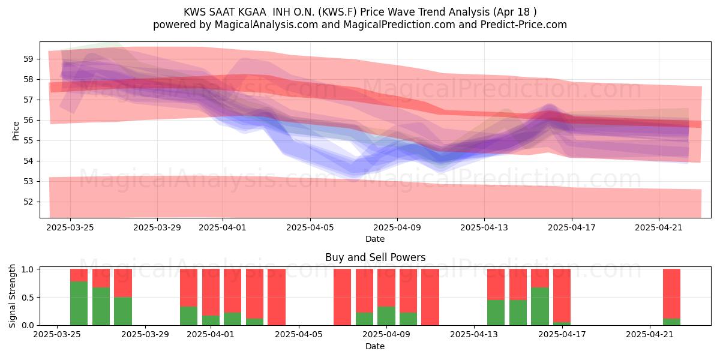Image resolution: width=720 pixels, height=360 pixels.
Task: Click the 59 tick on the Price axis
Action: (28, 59)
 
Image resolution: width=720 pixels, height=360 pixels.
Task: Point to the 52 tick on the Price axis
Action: (28, 202)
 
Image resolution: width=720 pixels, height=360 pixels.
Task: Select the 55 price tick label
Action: (28, 141)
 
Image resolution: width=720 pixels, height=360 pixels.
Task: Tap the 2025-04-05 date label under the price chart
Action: (310, 227)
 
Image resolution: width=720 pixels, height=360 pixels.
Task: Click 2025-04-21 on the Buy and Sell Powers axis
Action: (650, 335)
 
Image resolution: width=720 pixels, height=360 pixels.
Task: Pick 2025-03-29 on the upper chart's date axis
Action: (157, 227)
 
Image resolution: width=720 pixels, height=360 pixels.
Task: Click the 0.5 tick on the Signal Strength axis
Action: (28, 298)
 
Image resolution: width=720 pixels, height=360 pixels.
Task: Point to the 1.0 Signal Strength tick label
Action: (28, 269)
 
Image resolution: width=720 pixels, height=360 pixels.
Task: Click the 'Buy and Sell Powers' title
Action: (375, 257)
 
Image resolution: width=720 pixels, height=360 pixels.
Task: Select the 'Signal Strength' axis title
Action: (12, 296)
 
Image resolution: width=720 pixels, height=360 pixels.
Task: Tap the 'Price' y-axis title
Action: (16, 131)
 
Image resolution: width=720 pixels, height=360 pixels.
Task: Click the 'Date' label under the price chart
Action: (375, 239)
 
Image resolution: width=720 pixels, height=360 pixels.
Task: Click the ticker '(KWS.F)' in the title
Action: (337, 12)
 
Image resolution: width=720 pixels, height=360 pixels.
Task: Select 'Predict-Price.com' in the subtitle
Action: (524, 25)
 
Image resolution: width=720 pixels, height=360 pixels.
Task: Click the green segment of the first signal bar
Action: (79, 303)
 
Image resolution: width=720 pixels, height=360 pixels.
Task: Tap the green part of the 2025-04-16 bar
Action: (540, 306)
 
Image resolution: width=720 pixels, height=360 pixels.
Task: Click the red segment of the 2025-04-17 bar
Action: (562, 295)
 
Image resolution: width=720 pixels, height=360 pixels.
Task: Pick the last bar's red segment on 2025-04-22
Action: (672, 294)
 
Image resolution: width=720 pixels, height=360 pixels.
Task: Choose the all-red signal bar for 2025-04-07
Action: (343, 297)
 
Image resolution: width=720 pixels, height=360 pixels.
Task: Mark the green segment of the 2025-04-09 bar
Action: (386, 316)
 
